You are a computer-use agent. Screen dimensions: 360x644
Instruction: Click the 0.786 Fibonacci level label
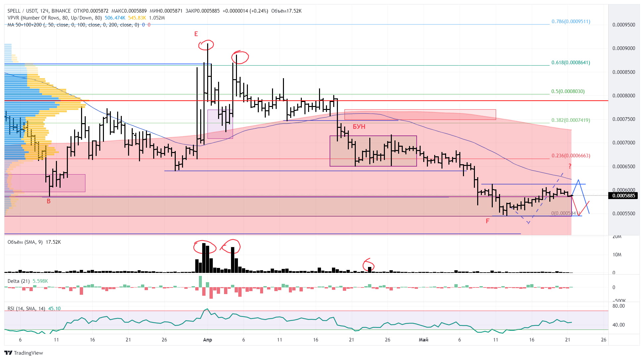click(571, 22)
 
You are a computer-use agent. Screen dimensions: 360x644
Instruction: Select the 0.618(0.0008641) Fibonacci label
click(571, 63)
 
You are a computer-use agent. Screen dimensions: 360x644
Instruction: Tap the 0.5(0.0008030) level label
click(568, 91)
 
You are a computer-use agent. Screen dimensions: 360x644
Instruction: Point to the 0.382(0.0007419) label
click(571, 120)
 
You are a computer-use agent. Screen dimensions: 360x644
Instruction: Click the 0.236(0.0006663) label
click(571, 156)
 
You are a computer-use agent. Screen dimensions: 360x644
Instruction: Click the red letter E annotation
click(196, 34)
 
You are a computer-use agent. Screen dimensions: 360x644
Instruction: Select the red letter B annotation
click(49, 201)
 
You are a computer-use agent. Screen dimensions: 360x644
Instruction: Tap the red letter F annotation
click(487, 221)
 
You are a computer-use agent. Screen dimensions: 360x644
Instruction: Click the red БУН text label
click(359, 127)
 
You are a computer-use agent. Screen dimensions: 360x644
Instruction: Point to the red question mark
click(570, 166)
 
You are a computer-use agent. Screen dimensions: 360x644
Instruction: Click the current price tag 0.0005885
click(624, 196)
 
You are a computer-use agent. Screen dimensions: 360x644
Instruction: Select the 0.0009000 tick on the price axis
click(624, 48)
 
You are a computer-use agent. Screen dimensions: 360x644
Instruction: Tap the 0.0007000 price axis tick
click(624, 143)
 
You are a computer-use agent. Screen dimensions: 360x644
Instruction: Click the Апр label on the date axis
click(207, 340)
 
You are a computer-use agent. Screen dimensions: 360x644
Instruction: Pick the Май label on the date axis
click(424, 340)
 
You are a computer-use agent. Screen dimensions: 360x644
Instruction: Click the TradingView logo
click(24, 353)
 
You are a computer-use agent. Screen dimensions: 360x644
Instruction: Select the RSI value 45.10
click(54, 309)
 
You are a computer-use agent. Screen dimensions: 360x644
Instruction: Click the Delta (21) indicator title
click(19, 281)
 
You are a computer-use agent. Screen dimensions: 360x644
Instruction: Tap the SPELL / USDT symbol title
click(22, 11)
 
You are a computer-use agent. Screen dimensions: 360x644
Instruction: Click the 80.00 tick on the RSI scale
click(619, 306)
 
